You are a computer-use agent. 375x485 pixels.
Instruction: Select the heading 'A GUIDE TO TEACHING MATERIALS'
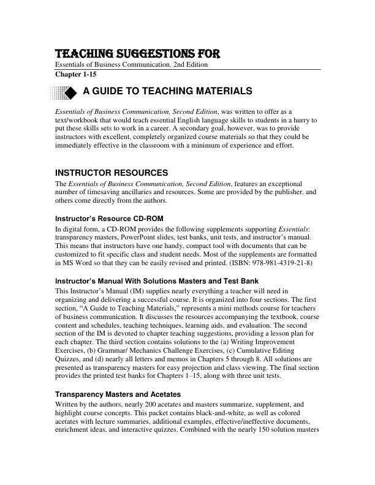pos(167,91)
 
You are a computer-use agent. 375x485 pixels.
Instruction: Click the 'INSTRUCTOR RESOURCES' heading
pos(112,173)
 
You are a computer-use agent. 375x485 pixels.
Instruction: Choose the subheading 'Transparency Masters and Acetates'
pos(118,394)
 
